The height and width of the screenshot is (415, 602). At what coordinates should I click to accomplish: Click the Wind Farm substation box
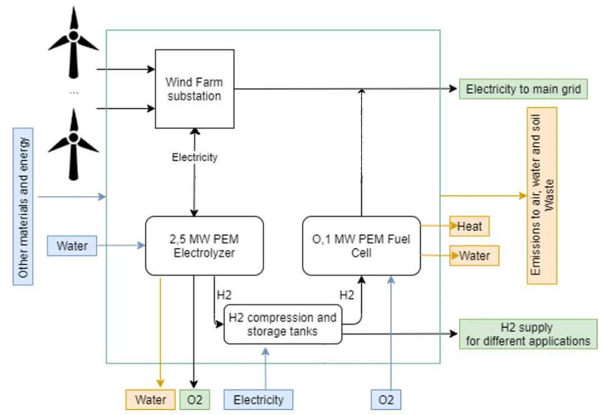click(194, 89)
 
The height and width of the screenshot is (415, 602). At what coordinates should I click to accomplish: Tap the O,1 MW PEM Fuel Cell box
click(361, 246)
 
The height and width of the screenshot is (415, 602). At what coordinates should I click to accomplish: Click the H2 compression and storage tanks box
click(283, 324)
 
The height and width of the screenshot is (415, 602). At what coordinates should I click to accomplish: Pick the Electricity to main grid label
click(523, 90)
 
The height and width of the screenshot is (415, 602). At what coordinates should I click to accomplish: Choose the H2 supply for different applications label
click(527, 334)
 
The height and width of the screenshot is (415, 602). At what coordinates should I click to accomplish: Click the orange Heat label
click(470, 226)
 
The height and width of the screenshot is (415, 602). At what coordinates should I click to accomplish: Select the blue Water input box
click(72, 246)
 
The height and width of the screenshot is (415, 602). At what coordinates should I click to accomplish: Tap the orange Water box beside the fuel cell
click(474, 255)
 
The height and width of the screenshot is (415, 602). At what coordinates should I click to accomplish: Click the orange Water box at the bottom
click(150, 399)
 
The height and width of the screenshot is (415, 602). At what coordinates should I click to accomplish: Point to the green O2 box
click(195, 399)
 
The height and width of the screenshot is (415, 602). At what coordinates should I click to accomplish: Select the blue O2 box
click(386, 399)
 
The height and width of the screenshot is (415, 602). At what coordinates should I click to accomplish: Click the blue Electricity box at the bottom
click(258, 399)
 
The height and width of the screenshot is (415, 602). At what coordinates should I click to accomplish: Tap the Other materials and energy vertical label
click(24, 206)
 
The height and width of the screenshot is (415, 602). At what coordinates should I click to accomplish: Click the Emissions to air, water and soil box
click(541, 196)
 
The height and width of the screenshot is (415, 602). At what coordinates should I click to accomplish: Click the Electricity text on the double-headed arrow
click(195, 157)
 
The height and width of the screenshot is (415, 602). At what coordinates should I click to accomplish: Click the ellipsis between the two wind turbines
click(74, 91)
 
